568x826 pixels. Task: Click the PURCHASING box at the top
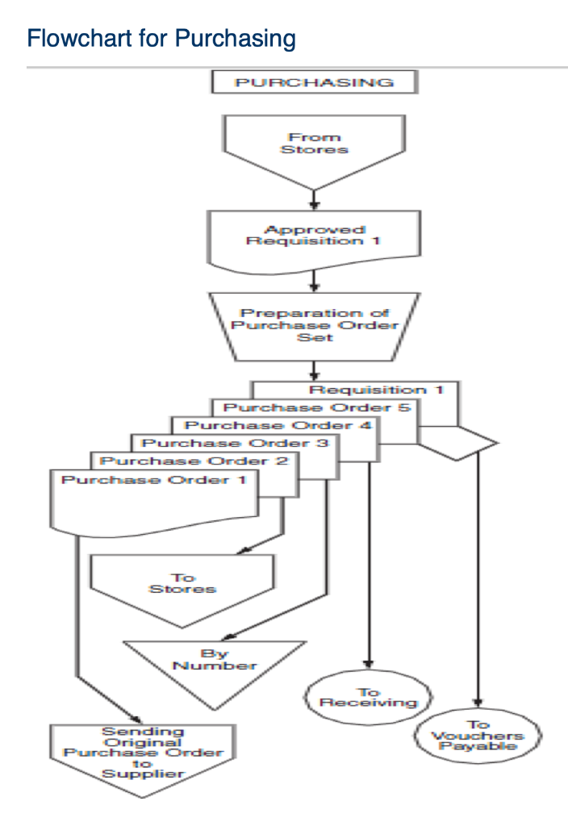(314, 82)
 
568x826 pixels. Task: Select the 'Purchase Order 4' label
(278, 425)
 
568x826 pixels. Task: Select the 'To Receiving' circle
(368, 698)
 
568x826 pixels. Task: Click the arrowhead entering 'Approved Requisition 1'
(314, 206)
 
